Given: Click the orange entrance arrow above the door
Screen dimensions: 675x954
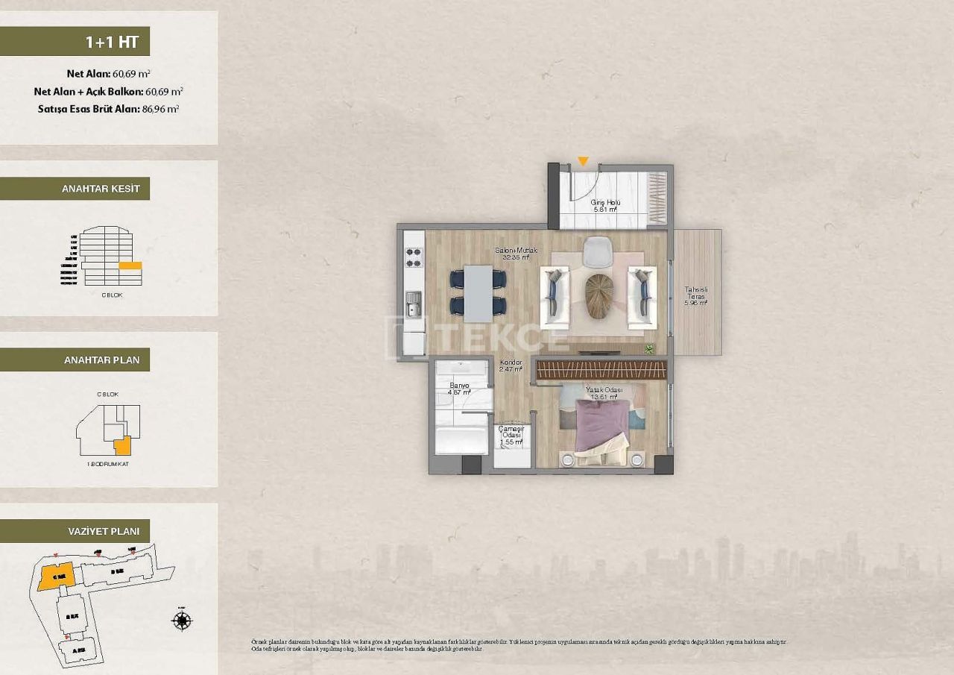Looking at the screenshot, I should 583,161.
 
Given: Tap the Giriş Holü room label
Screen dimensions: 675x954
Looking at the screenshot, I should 604,206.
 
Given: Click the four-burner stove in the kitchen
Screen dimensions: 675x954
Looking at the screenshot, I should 414,257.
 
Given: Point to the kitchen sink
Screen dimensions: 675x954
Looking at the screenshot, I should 414,303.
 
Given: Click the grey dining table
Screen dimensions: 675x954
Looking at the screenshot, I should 478,290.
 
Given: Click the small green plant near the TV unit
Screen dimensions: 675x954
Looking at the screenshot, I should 649,348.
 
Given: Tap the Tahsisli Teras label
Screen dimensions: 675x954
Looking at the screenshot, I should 697,297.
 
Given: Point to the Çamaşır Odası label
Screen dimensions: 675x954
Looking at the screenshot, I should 511,436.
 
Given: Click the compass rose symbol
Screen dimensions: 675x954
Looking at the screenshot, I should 182,620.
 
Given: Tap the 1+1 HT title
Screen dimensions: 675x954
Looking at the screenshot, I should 112,42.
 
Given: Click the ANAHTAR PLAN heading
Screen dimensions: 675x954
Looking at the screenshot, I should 101,360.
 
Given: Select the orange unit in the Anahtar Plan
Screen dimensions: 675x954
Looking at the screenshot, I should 122,445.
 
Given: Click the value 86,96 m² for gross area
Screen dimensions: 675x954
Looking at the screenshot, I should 160,108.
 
